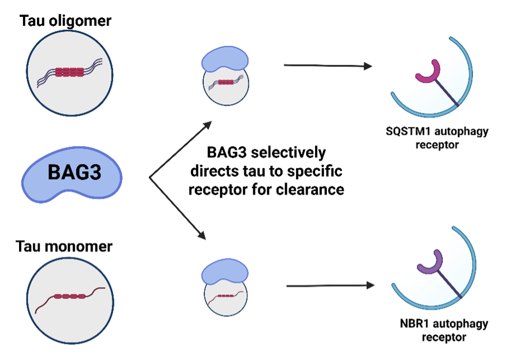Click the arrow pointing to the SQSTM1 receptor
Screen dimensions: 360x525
click(x=328, y=66)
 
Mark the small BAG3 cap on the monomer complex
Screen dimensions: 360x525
click(x=225, y=272)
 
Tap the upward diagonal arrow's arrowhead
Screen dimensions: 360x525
click(x=208, y=124)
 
